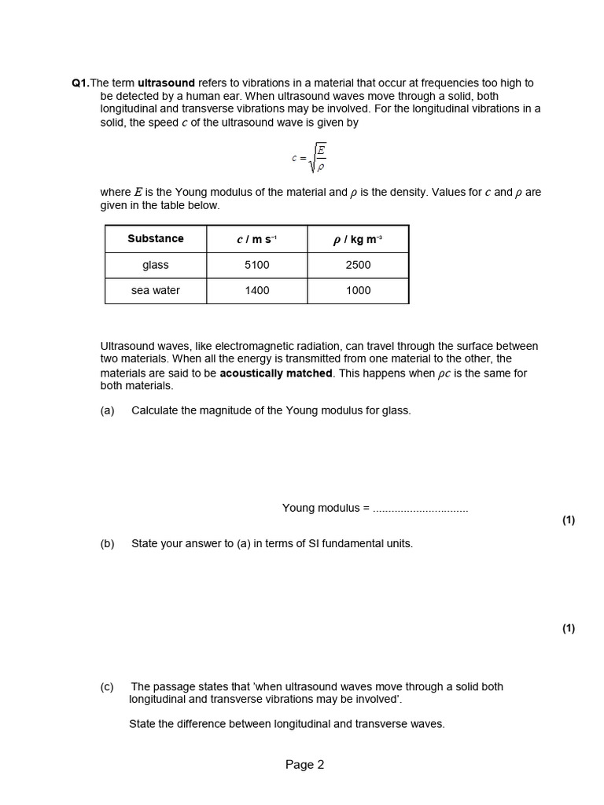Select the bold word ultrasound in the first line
pyautogui.click(x=166, y=83)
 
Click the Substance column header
pyautogui.click(x=156, y=239)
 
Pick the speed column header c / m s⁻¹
pyautogui.click(x=256, y=239)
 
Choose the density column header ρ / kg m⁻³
pyautogui.click(x=358, y=239)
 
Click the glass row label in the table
pyautogui.click(x=156, y=265)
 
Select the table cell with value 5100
pyautogui.click(x=256, y=265)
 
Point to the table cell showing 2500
pyautogui.click(x=358, y=265)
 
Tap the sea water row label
pyautogui.click(x=156, y=290)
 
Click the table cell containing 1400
pyautogui.click(x=256, y=290)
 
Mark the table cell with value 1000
pyautogui.click(x=358, y=290)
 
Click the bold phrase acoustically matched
pyautogui.click(x=276, y=373)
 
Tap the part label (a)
pyautogui.click(x=108, y=410)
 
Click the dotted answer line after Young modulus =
pyautogui.click(x=420, y=509)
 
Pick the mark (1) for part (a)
pyautogui.click(x=569, y=520)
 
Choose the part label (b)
pyautogui.click(x=108, y=543)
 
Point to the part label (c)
pyautogui.click(x=108, y=686)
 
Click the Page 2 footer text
pyautogui.click(x=304, y=765)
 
